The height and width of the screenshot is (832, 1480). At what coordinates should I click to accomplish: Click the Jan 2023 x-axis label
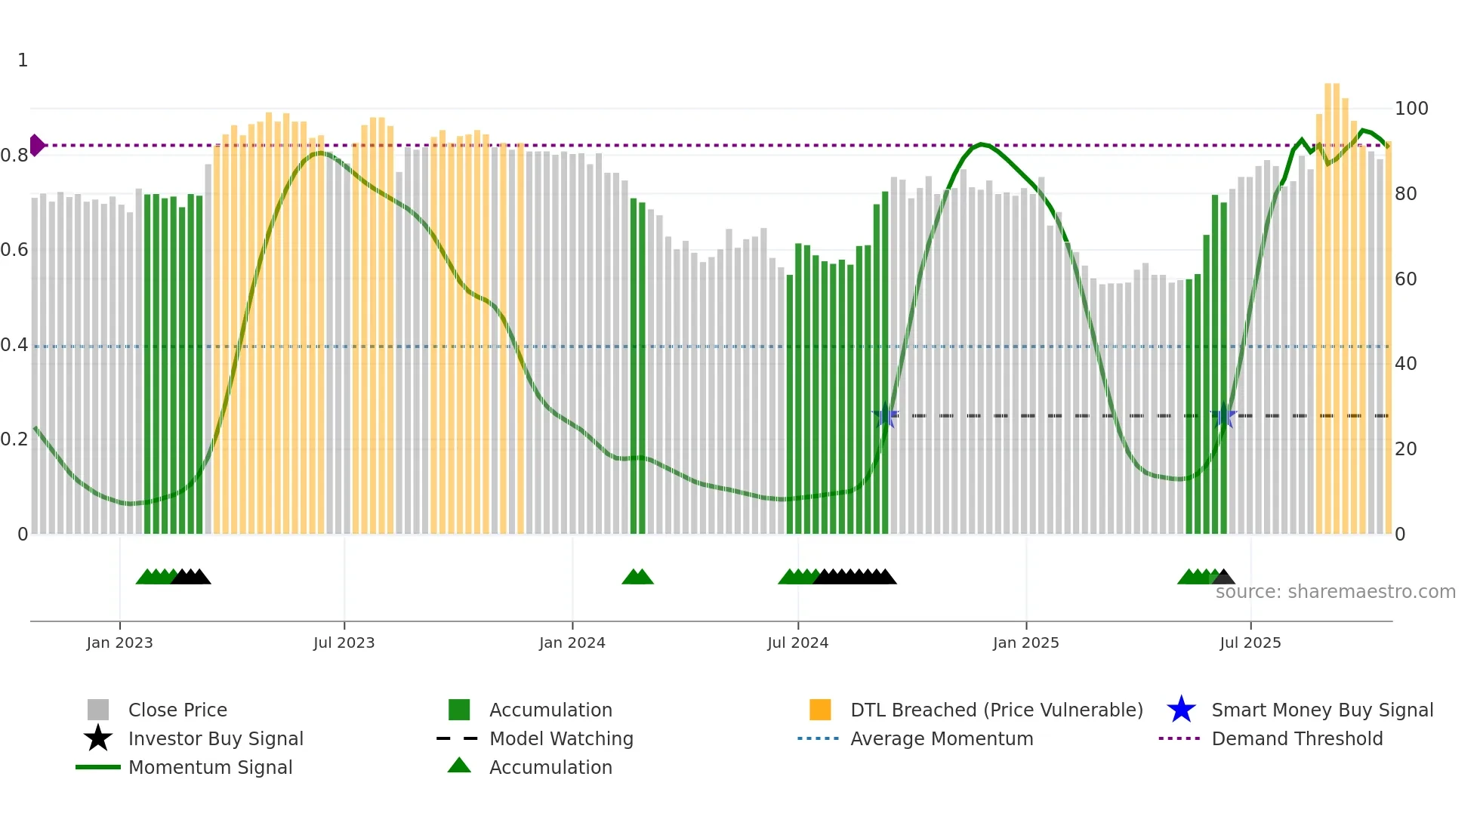coord(119,642)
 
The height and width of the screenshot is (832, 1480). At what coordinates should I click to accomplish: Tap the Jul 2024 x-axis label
coord(797,642)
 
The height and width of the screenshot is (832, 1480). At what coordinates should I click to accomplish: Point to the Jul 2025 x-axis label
coord(1250,642)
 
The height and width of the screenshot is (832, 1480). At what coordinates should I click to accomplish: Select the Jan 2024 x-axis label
coord(572,642)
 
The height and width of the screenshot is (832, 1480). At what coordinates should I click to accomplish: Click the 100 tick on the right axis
coord(1411,109)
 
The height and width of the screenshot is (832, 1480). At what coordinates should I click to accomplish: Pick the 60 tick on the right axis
coord(1405,279)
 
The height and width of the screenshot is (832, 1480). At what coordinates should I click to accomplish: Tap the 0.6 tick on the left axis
coord(14,250)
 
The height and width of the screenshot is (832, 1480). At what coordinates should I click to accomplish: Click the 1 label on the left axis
coord(23,60)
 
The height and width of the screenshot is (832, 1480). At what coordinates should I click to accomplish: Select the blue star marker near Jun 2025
coord(1223,416)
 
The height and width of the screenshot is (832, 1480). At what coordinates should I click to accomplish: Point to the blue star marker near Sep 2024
coord(885,416)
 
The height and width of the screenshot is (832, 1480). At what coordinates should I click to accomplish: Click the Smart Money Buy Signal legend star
coord(1181,710)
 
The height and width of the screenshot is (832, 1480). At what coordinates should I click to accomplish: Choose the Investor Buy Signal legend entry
coord(215,738)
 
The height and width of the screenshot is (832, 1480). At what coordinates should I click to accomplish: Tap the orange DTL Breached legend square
coord(820,710)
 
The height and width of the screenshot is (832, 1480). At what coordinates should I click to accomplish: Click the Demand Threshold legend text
coord(1297,738)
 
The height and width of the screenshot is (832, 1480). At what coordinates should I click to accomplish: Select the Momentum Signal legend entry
coord(210,767)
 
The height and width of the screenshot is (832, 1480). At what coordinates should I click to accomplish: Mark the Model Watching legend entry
coord(560,738)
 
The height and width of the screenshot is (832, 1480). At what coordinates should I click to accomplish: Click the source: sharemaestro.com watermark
coord(1335,592)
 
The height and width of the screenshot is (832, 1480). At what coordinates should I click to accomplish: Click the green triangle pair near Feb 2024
coord(637,578)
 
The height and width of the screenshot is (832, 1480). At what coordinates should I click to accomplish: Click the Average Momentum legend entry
coord(941,738)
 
